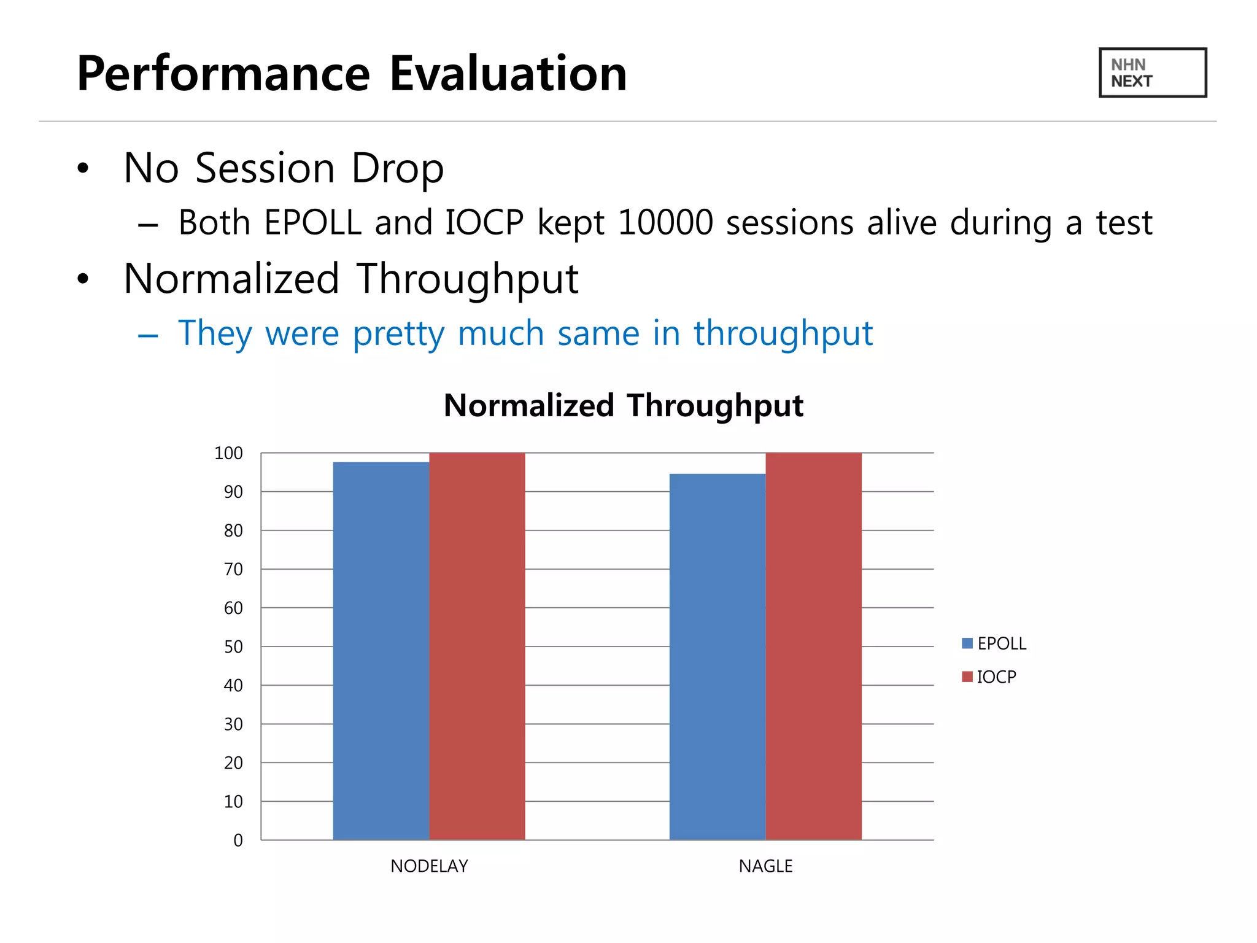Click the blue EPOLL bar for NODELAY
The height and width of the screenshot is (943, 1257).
[381, 651]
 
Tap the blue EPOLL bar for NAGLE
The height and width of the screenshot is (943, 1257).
[717, 657]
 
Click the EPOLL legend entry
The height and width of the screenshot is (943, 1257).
[994, 643]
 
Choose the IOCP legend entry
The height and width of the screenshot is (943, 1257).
[989, 677]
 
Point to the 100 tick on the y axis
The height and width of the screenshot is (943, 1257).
[228, 454]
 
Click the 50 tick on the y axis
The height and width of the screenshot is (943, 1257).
[233, 647]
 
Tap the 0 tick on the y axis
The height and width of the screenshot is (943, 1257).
[238, 840]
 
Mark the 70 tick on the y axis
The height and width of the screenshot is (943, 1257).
[233, 570]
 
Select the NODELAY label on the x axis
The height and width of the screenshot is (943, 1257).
[429, 866]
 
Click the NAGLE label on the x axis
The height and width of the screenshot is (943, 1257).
[765, 866]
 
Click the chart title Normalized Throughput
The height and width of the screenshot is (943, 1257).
[623, 406]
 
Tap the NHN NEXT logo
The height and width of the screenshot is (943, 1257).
[1152, 72]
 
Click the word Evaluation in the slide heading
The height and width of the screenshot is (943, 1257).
[508, 74]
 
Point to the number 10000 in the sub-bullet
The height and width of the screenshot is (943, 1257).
[665, 222]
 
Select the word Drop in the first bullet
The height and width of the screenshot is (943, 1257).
[397, 168]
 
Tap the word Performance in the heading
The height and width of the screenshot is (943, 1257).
[223, 74]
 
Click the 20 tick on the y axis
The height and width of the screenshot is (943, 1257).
[233, 763]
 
